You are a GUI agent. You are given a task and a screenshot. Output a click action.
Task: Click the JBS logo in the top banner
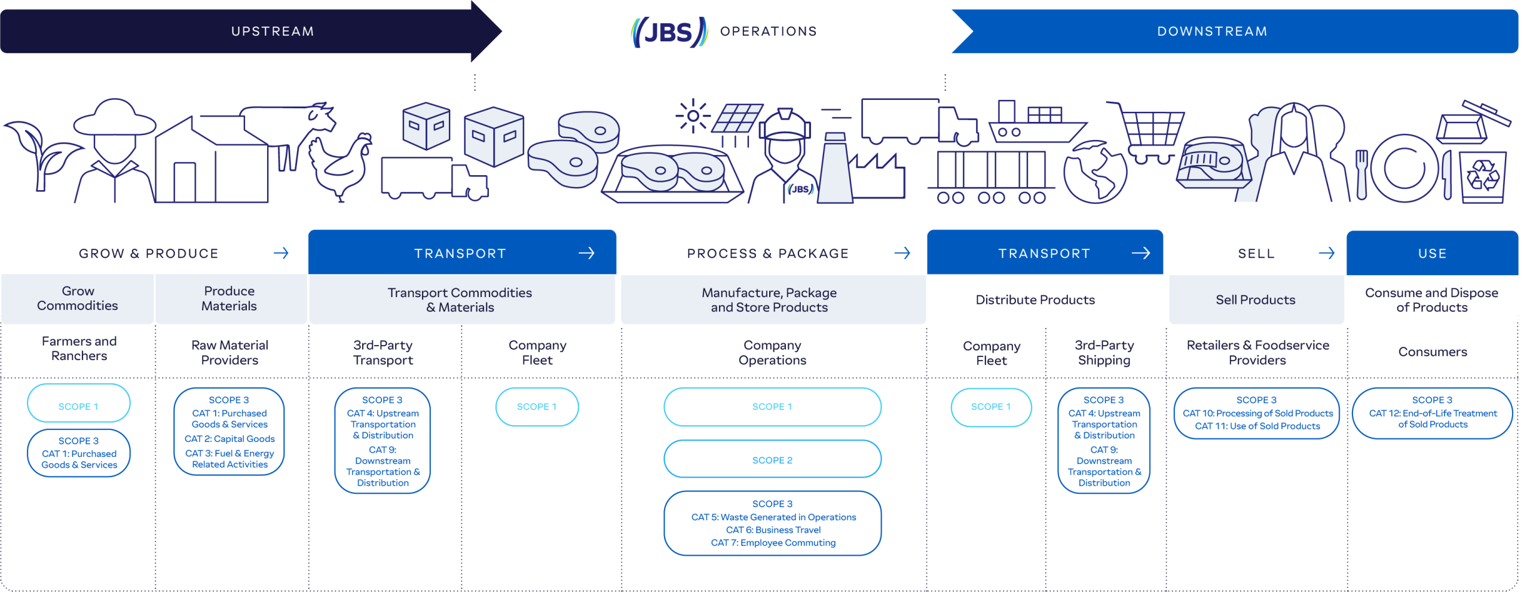669,32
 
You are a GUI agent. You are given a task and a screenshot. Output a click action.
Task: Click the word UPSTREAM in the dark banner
273,32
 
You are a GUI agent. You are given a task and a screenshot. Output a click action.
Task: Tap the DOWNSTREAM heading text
1212,32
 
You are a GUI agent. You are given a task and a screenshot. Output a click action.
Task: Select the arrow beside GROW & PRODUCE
281,254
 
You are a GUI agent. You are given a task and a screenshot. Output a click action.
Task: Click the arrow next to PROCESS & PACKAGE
902,254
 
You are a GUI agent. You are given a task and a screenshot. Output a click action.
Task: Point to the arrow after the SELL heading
1326,254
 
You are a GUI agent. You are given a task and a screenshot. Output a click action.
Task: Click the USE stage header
1432,254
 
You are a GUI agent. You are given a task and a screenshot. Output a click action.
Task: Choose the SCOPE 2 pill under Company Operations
772,460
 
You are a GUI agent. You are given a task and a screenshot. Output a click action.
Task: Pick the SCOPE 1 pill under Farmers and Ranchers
78,406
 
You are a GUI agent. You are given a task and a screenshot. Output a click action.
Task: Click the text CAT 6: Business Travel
773,530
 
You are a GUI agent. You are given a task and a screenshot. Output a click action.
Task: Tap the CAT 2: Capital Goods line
229,439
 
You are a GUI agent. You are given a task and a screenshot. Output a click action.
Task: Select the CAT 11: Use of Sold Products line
1257,426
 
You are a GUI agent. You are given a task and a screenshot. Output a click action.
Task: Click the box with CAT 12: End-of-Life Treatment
1432,413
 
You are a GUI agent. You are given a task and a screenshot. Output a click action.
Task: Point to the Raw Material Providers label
229,353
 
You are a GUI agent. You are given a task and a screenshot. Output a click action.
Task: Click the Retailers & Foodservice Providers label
1257,353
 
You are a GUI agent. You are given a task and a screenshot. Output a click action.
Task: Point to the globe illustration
1095,173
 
